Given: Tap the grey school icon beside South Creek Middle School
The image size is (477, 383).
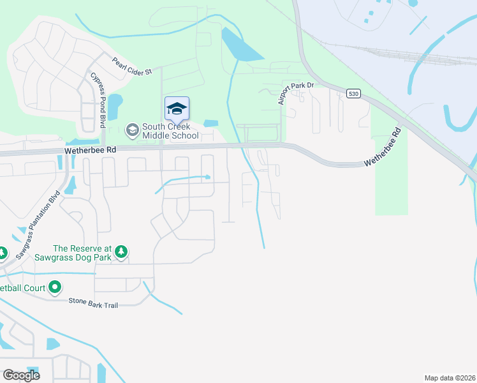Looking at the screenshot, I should point(132,131).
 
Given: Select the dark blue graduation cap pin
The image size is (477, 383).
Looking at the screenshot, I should point(177,109).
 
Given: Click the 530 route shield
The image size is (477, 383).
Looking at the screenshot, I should point(353,94).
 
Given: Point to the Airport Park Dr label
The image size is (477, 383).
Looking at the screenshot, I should point(296,93).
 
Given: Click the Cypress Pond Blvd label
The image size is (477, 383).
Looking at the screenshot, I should point(98,100).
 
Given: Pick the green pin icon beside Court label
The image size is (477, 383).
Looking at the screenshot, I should point(55,288).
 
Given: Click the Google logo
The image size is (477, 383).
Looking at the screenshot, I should point(20,375).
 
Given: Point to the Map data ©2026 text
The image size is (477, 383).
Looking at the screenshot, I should point(450,377).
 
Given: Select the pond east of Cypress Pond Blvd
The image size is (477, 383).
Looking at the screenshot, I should point(115,107).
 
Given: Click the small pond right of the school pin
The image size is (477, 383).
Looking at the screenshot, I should point(210,123).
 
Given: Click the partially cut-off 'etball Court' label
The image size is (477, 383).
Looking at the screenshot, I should point(23,288).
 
